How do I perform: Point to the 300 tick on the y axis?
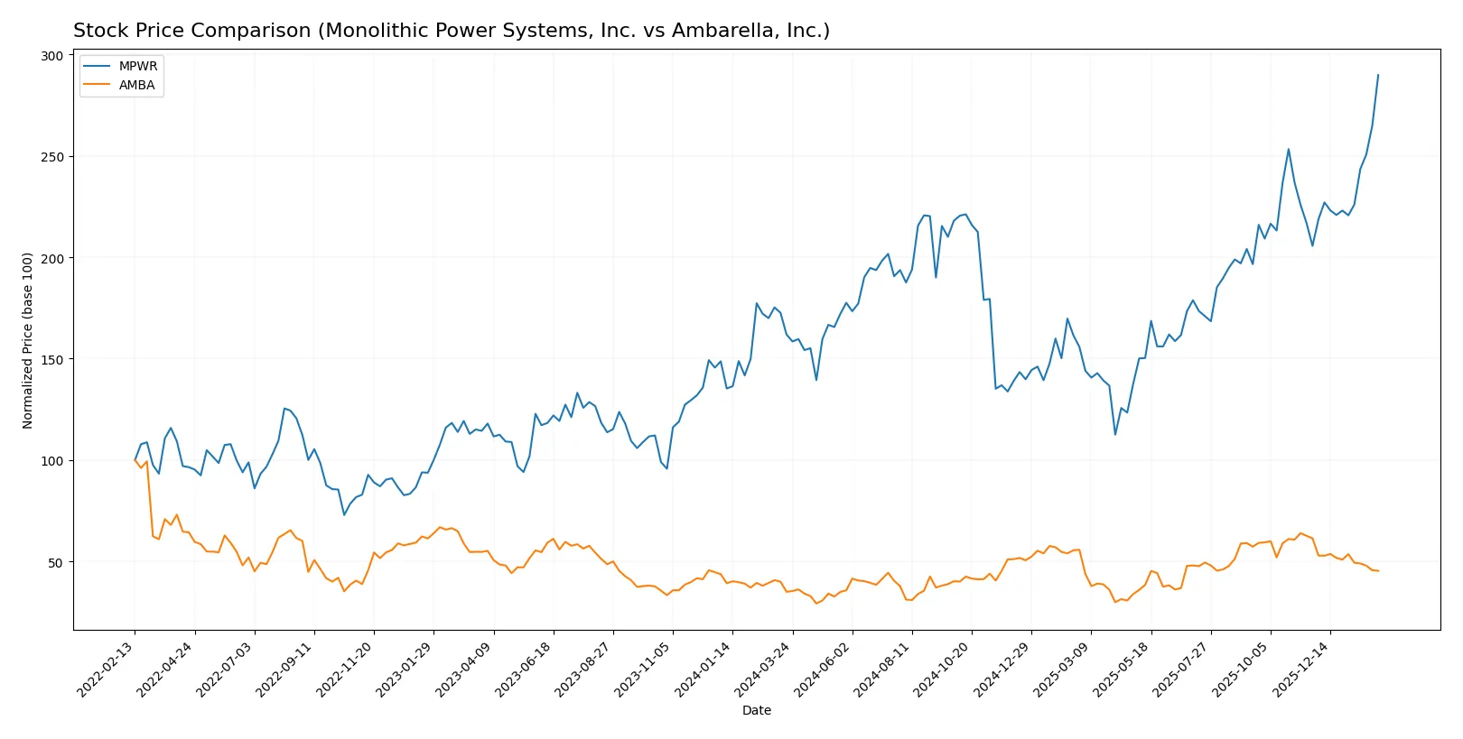pyautogui.click(x=52, y=56)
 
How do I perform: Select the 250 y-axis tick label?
pyautogui.click(x=52, y=157)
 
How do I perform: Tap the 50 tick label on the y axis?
pyautogui.click(x=55, y=562)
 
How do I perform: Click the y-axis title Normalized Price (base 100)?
pyautogui.click(x=28, y=340)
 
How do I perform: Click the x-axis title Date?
pyautogui.click(x=756, y=710)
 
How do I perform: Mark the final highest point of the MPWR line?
pyautogui.click(x=1378, y=75)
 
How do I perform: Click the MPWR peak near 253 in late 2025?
pyautogui.click(x=1288, y=150)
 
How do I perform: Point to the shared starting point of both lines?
pyautogui.click(x=135, y=460)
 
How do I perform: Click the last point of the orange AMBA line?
pyautogui.click(x=1378, y=570)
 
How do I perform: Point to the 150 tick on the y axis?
pyautogui.click(x=52, y=359)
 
